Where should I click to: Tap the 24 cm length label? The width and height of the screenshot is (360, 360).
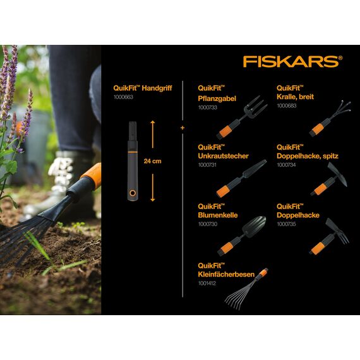(x=152, y=161)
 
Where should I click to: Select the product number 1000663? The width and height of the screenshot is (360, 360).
(x=123, y=98)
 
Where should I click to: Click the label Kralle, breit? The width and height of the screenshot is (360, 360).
(x=295, y=97)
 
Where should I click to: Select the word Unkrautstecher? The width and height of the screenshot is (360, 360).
(x=223, y=155)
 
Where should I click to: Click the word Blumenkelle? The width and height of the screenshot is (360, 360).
(x=217, y=215)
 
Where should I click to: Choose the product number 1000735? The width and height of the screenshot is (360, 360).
(x=287, y=224)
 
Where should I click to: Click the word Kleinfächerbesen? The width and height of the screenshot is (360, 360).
(x=226, y=274)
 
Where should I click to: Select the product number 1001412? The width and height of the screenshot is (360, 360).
(x=208, y=283)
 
